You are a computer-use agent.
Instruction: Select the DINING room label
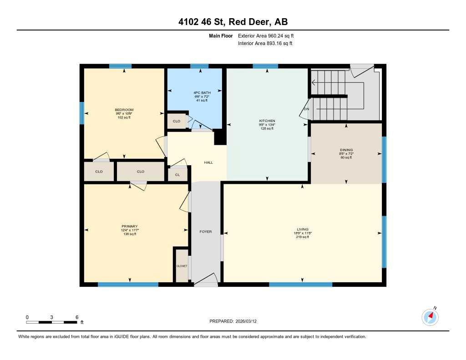coord(346,150)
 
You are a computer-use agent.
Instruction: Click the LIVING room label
coord(303,229)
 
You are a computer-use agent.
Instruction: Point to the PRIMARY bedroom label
coord(130,226)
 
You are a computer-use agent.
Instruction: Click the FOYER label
coord(206,232)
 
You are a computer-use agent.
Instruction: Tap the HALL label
coord(208,162)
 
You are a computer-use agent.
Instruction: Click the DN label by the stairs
coord(306,109)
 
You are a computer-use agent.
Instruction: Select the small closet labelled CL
coord(177,174)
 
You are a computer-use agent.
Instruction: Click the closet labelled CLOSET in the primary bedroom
coord(182,266)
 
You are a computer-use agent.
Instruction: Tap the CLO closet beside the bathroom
coord(177,121)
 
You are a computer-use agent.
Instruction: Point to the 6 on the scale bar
coord(77,317)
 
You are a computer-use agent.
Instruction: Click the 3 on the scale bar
coord(52,317)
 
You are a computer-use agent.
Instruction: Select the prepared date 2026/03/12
coord(249,321)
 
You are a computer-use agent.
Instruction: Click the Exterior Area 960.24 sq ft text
coord(269,35)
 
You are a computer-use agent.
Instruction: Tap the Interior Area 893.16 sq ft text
coord(265,44)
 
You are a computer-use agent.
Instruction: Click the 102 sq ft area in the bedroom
coord(124,117)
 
